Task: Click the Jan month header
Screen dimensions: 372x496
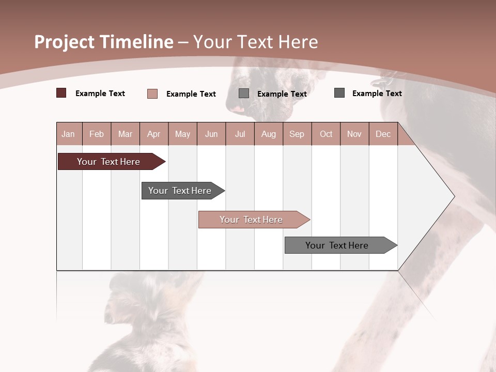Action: (x=68, y=134)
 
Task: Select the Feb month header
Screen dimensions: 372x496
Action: (x=97, y=134)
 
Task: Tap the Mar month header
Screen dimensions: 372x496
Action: (x=125, y=134)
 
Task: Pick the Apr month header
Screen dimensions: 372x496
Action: (x=153, y=134)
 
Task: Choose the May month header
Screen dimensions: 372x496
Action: (x=182, y=134)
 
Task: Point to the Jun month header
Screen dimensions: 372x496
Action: (x=211, y=134)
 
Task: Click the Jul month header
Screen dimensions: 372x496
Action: (x=240, y=134)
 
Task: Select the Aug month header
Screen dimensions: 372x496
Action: (x=268, y=134)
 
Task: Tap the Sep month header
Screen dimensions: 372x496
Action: (x=297, y=134)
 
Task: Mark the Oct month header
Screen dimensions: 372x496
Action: (x=326, y=134)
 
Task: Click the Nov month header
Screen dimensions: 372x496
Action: (x=354, y=134)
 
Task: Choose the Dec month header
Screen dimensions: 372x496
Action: (x=383, y=134)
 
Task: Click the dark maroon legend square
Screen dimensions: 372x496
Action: (x=61, y=93)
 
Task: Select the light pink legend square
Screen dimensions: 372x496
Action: (x=152, y=94)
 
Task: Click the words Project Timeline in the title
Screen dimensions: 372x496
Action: (x=104, y=42)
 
